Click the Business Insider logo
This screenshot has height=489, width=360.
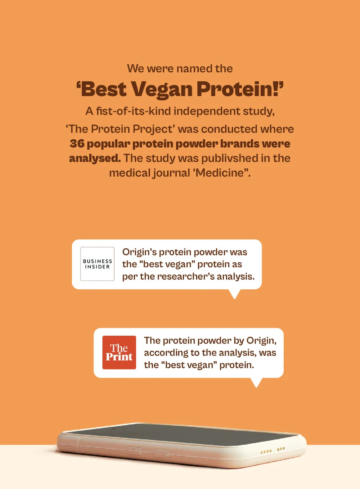[x=97, y=264]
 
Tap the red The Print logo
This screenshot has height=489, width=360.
[x=119, y=352]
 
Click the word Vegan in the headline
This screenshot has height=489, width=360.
[x=162, y=90]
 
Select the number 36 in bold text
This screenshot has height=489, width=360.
[x=77, y=144]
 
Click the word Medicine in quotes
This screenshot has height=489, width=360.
[x=221, y=173]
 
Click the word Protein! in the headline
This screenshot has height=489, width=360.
[x=240, y=89]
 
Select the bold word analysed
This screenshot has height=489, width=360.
[x=95, y=159]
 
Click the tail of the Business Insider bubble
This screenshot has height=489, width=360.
[x=234, y=294]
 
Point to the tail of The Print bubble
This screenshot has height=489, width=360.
[x=256, y=382]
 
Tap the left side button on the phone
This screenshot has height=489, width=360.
[x=134, y=451]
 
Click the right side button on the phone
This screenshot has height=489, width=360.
[x=162, y=454]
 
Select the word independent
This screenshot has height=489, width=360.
[x=206, y=111]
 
